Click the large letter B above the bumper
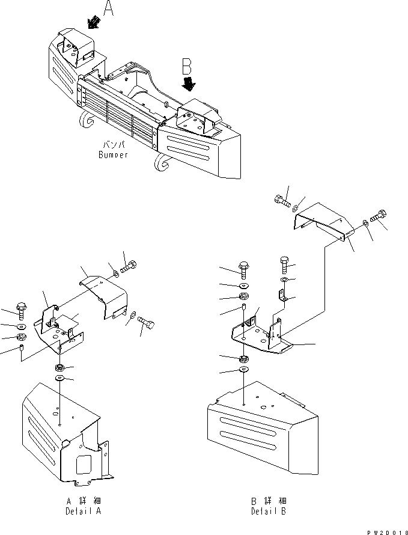(x=187, y=65)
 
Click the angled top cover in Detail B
(x=321, y=221)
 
